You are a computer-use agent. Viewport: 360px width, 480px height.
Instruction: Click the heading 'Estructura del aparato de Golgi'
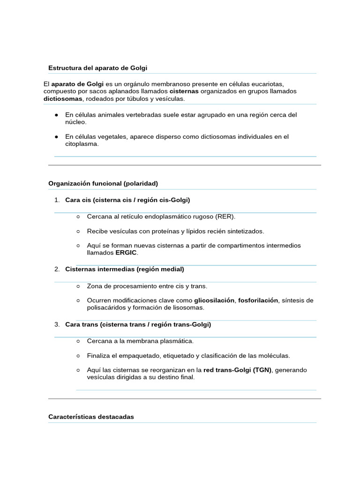(x=97, y=68)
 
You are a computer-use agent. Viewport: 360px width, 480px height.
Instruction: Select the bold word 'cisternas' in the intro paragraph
(x=184, y=91)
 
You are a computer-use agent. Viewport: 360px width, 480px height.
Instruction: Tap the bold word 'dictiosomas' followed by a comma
(x=63, y=99)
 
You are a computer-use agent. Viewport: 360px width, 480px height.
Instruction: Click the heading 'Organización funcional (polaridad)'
(x=103, y=183)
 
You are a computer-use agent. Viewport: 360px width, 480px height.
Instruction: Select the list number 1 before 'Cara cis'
(x=56, y=200)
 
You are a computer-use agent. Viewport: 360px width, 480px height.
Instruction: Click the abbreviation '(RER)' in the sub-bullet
(x=225, y=217)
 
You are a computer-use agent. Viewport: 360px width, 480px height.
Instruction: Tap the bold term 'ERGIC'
(x=127, y=253)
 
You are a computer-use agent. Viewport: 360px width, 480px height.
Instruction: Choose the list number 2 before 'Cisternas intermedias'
(x=56, y=270)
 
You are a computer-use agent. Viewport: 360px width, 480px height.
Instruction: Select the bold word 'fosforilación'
(x=258, y=300)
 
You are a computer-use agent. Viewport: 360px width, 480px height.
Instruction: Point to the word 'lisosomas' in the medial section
(x=189, y=308)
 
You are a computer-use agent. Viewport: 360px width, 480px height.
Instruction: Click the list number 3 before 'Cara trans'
(x=56, y=324)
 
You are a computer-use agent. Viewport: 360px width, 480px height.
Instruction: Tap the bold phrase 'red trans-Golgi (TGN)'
(x=237, y=370)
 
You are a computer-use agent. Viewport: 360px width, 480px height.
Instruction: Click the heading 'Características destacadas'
(x=91, y=417)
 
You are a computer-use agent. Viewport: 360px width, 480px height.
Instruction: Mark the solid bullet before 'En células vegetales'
(x=56, y=137)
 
